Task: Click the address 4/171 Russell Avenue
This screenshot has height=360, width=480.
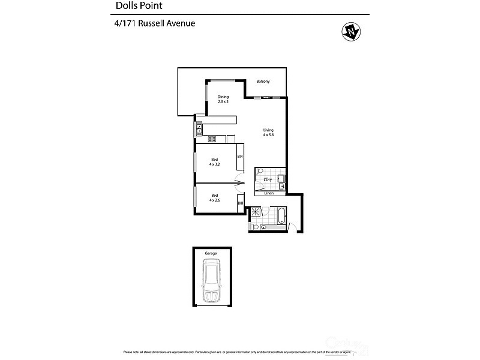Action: click(155, 24)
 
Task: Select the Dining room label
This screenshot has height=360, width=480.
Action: click(223, 97)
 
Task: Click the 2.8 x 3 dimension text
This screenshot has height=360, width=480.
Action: click(223, 101)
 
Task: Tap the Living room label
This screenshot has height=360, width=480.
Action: click(268, 130)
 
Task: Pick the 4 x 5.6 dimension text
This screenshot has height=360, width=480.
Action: click(268, 135)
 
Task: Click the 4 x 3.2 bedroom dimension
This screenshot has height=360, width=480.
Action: click(214, 164)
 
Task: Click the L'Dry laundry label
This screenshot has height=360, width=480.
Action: click(268, 179)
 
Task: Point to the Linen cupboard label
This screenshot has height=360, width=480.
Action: click(268, 193)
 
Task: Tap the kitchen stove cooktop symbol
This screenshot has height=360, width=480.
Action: click(212, 139)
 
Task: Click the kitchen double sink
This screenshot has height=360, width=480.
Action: click(199, 128)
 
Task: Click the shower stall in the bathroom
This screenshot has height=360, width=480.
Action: click(256, 212)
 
